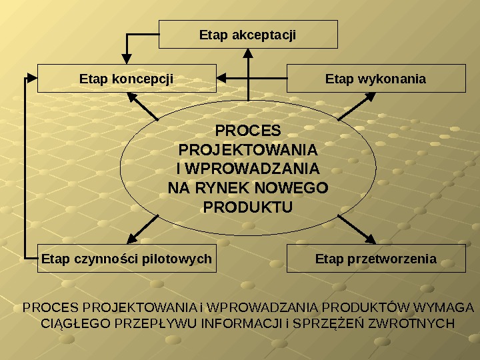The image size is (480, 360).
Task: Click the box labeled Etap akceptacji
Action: pyautogui.click(x=248, y=34)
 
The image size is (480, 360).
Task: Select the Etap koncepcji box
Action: pyautogui.click(x=127, y=79)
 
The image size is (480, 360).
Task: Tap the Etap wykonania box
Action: pyautogui.click(x=376, y=79)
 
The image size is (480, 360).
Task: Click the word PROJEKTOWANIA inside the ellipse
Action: pyautogui.click(x=248, y=148)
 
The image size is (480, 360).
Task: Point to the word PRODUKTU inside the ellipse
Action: pyautogui.click(x=248, y=208)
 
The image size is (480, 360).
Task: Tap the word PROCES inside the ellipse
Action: pyautogui.click(x=248, y=129)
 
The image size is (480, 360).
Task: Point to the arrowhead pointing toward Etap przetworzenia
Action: pyautogui.click(x=369, y=239)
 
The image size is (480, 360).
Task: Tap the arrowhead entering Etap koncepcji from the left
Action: pyautogui.click(x=33, y=78)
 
